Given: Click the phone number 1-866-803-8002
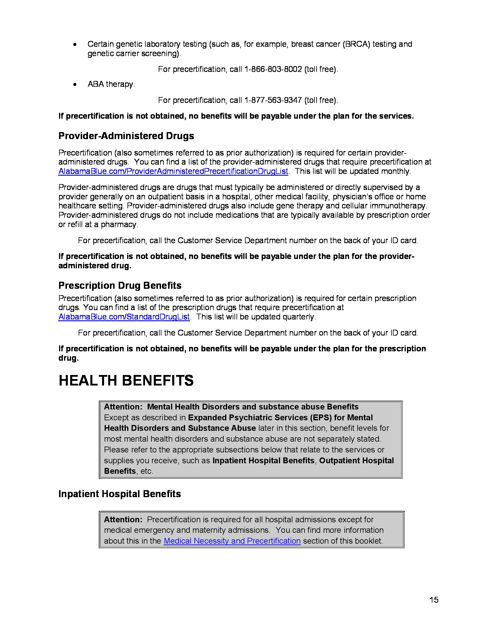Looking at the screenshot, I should [273, 69].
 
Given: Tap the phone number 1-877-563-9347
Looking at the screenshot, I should [273, 100].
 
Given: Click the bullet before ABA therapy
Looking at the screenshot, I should [75, 84].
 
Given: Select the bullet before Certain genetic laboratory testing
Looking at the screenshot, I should [75, 44].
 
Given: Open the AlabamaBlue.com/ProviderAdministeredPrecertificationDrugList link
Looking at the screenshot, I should [173, 171].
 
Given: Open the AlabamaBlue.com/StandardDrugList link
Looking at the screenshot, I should [124, 317].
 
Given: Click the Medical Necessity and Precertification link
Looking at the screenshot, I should [232, 541].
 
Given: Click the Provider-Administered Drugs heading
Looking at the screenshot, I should [126, 136].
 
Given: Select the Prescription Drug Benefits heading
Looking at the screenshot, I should [120, 286].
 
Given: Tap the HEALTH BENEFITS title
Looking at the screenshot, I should [126, 380].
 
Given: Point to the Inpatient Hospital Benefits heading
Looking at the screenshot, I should [120, 494].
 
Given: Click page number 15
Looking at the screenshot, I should [434, 600].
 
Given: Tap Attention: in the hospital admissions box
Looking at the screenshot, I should [123, 520].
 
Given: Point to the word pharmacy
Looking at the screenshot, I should [119, 225].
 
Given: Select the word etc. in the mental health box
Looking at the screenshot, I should [146, 471].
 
